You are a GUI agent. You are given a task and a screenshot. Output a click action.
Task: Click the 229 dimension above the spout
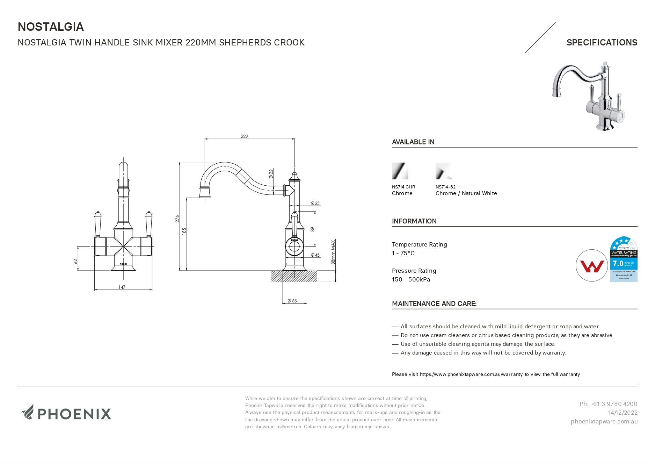pyautogui.click(x=244, y=136)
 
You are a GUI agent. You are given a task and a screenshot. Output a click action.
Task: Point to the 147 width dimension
pyautogui.click(x=122, y=287)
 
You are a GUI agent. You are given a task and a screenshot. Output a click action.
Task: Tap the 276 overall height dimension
pyautogui.click(x=177, y=219)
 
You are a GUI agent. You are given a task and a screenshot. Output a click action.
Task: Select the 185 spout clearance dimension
pyautogui.click(x=184, y=231)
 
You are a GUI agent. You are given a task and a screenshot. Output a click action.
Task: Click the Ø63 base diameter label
pyautogui.click(x=292, y=301)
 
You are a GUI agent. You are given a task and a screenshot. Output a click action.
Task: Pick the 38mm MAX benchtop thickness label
pyautogui.click(x=333, y=252)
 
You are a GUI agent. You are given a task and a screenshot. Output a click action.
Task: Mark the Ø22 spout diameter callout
pyautogui.click(x=271, y=174)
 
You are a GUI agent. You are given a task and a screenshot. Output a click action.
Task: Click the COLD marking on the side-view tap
pyautogui.click(x=294, y=240)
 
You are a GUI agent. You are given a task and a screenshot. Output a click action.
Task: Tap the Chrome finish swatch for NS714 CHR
pyautogui.click(x=400, y=171)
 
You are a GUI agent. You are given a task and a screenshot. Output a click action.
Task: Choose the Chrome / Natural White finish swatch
pyautogui.click(x=444, y=171)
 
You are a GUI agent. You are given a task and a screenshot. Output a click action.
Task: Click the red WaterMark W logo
pyautogui.click(x=592, y=266)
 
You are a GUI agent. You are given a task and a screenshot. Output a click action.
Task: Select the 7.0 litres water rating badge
pyautogui.click(x=624, y=259)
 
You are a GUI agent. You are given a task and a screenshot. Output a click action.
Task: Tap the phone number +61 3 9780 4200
pyautogui.click(x=608, y=404)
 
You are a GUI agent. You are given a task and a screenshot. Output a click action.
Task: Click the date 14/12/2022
pyautogui.click(x=623, y=413)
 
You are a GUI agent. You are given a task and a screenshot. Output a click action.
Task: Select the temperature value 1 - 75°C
pyautogui.click(x=403, y=253)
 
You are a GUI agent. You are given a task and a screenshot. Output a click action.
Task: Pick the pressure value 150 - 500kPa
pyautogui.click(x=411, y=279)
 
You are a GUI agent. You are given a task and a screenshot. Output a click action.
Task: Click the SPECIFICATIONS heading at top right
pyautogui.click(x=602, y=43)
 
